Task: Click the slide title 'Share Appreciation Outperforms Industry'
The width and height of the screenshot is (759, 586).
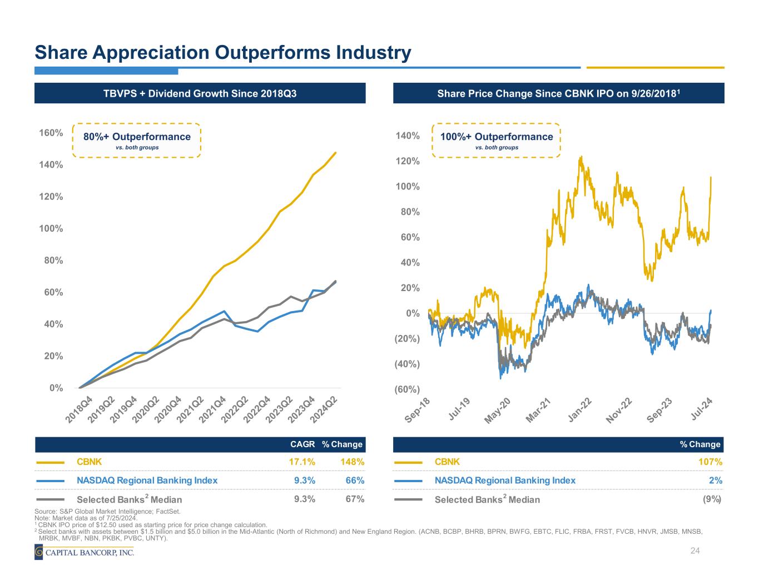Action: pos(222,53)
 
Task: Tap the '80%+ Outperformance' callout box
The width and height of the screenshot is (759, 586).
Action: pos(137,141)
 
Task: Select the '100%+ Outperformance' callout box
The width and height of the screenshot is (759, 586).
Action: pos(497,141)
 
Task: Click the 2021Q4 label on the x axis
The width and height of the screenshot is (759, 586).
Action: pos(214,410)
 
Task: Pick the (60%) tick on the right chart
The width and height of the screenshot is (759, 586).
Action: pos(407,389)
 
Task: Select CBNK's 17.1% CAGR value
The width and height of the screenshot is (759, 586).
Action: pos(302,462)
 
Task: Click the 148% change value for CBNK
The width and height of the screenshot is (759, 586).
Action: pos(353,462)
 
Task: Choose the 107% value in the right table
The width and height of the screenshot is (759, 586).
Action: pos(710,462)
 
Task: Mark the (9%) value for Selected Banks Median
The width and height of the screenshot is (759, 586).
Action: pos(712,499)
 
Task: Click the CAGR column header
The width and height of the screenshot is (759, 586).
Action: pos(302,444)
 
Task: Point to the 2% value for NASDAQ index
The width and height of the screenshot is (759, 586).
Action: pos(716,480)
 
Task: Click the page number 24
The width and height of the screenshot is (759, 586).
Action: pos(694,550)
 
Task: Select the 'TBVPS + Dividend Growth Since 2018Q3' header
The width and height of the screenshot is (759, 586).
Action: pos(200,93)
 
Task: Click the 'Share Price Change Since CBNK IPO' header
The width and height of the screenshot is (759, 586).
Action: pos(558,93)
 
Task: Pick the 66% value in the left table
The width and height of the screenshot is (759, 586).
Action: pos(355,480)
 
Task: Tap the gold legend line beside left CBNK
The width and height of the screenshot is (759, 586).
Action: pos(51,462)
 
